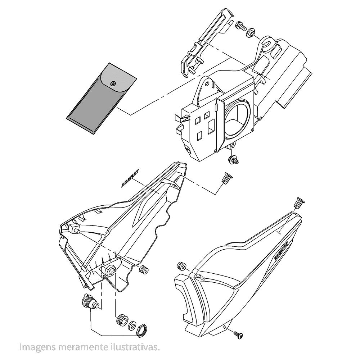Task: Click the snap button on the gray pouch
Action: (x=113, y=83)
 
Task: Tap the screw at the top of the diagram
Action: (x=240, y=26)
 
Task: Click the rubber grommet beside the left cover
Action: (x=144, y=270)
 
